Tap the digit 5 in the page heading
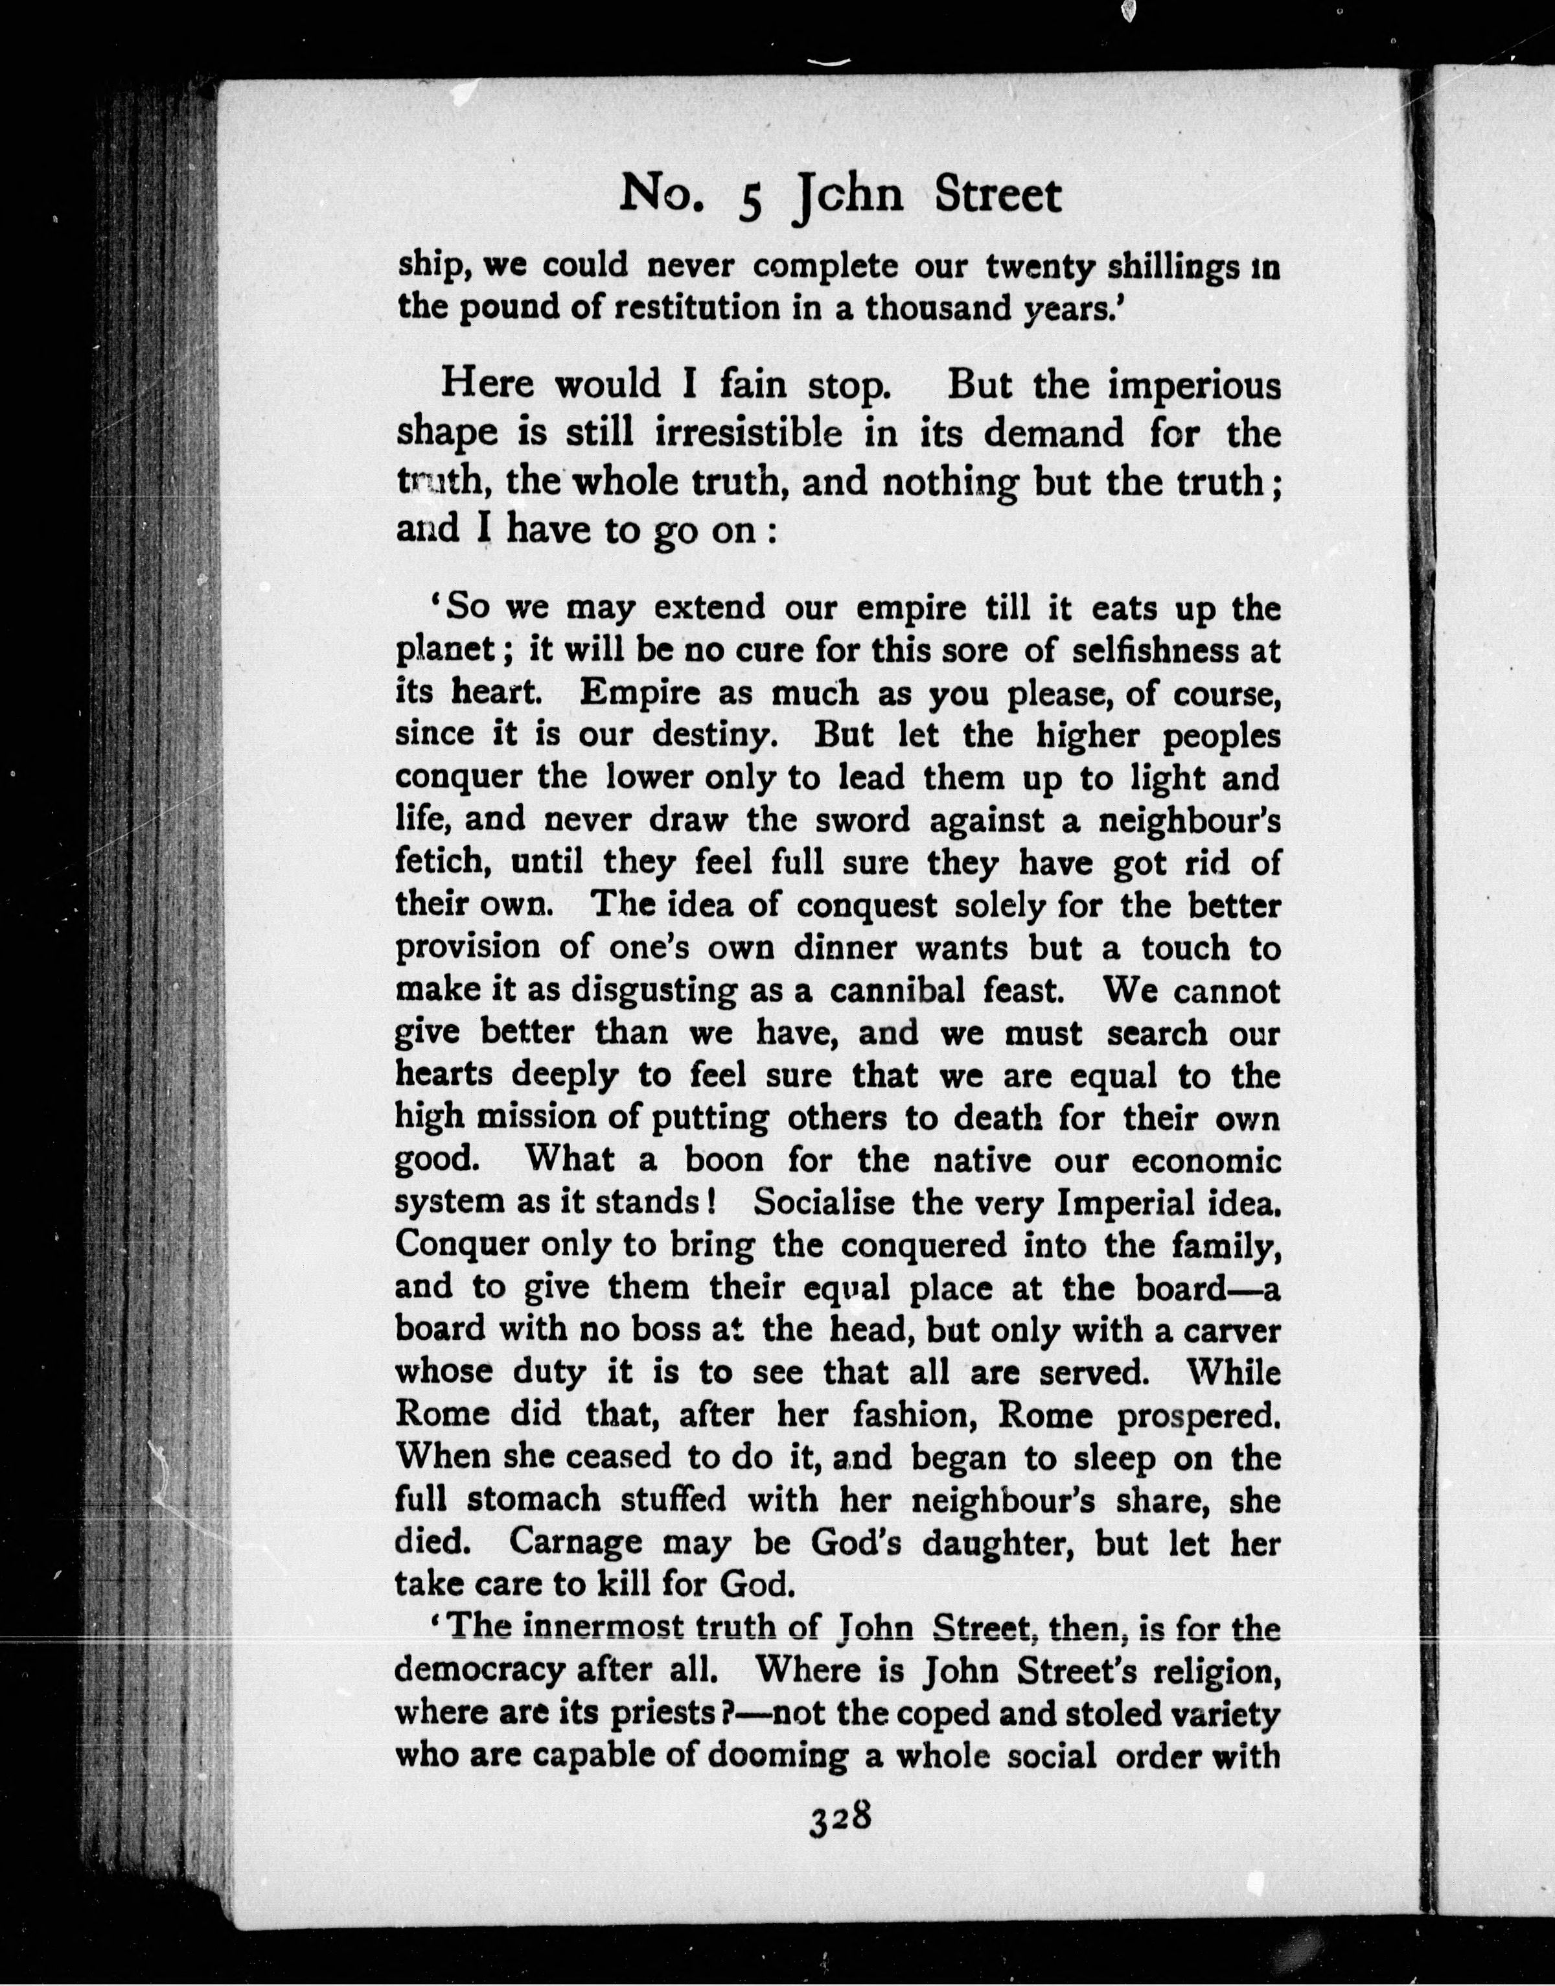click(749, 201)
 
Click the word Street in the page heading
click(998, 195)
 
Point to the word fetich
click(441, 861)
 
